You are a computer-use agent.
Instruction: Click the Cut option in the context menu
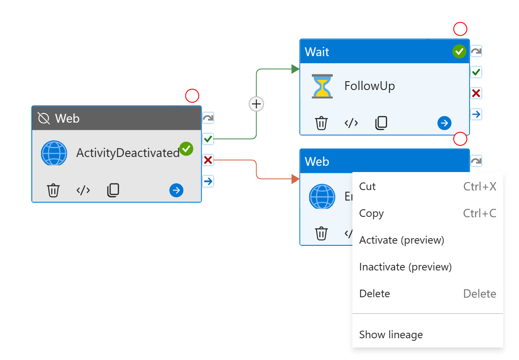pyautogui.click(x=367, y=186)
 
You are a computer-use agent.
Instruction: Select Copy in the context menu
pyautogui.click(x=371, y=213)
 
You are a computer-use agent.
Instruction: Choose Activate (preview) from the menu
pyautogui.click(x=401, y=240)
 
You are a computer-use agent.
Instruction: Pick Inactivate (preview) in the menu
pyautogui.click(x=405, y=267)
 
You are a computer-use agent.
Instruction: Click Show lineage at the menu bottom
pyautogui.click(x=391, y=334)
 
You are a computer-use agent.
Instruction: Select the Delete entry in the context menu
pyautogui.click(x=374, y=293)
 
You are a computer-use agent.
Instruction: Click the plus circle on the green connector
pyautogui.click(x=256, y=103)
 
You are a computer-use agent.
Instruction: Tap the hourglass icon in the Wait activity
pyautogui.click(x=322, y=86)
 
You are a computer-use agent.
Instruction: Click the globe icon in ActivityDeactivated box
pyautogui.click(x=54, y=153)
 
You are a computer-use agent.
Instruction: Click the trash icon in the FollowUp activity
pyautogui.click(x=321, y=123)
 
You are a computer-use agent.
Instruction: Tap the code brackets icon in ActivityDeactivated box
pyautogui.click(x=83, y=190)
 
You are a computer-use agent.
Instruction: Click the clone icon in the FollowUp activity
pyautogui.click(x=381, y=123)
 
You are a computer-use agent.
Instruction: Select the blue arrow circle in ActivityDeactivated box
pyautogui.click(x=176, y=190)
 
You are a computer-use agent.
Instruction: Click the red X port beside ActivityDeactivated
pyautogui.click(x=208, y=159)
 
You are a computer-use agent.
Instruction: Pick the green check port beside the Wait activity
pyautogui.click(x=476, y=72)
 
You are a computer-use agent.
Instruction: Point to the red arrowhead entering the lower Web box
pyautogui.click(x=295, y=179)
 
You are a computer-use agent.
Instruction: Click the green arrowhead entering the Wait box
pyautogui.click(x=295, y=69)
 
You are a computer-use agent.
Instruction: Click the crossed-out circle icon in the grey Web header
pyautogui.click(x=44, y=118)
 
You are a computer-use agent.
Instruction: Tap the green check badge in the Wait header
pyautogui.click(x=459, y=51)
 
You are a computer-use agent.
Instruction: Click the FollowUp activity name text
pyautogui.click(x=369, y=86)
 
